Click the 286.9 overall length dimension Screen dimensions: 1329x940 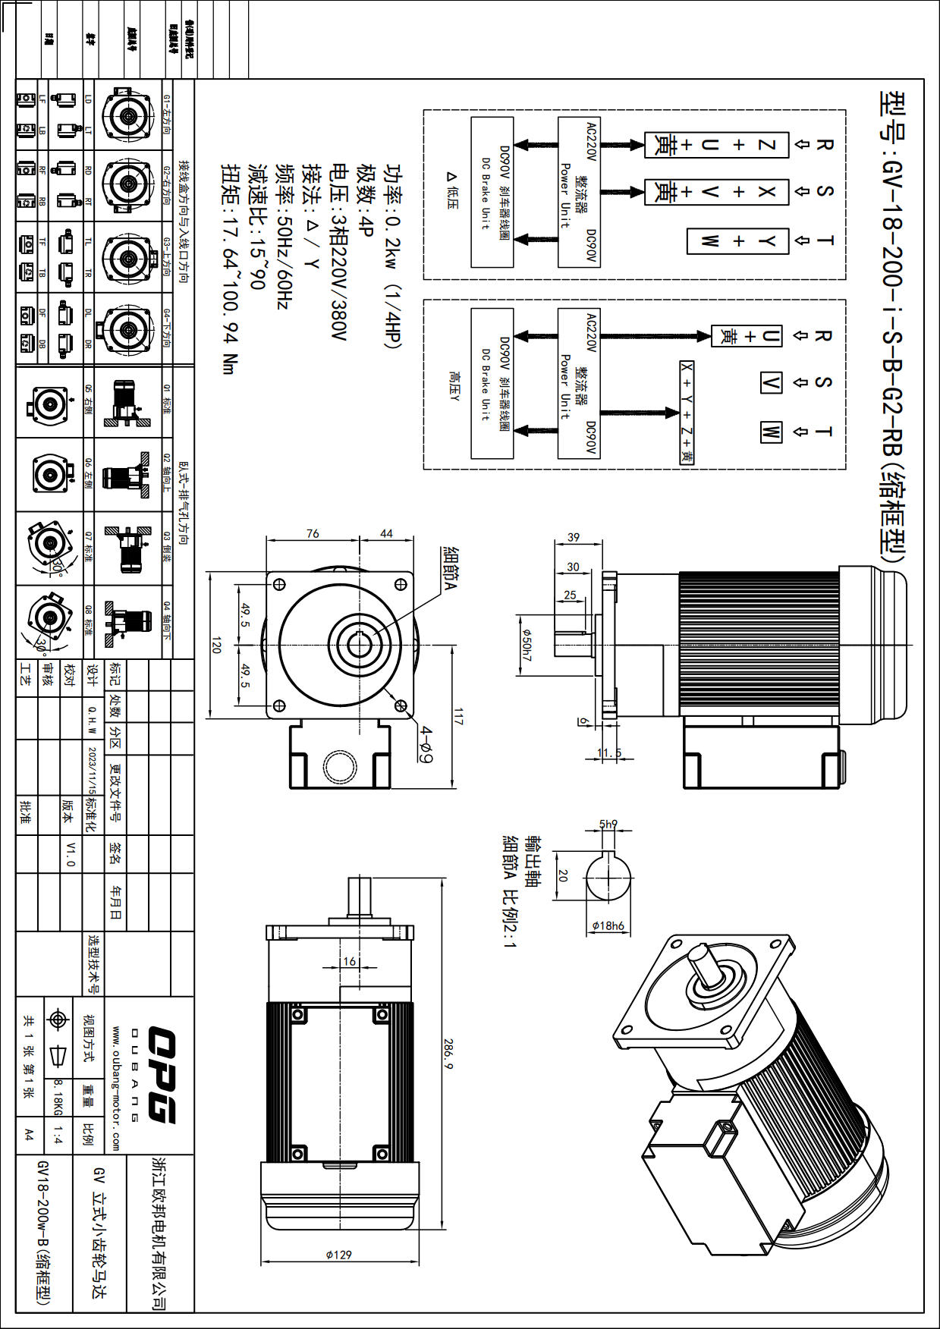click(448, 1054)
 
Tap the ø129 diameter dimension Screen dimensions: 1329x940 click(338, 1255)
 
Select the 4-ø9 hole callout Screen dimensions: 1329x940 click(426, 745)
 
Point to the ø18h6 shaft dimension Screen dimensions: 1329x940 click(608, 925)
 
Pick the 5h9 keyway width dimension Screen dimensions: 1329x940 click(608, 824)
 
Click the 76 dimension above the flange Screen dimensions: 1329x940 click(313, 533)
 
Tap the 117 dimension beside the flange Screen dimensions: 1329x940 click(458, 717)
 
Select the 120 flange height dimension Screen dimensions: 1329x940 click(216, 646)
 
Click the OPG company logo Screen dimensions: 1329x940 click(161, 1074)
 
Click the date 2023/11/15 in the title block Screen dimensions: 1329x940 click(93, 770)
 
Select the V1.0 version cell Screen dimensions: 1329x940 click(71, 854)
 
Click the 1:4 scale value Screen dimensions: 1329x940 click(58, 1136)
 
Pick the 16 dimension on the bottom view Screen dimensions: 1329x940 click(349, 961)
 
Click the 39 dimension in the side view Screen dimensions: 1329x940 click(573, 537)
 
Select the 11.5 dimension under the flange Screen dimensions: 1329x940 click(608, 753)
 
